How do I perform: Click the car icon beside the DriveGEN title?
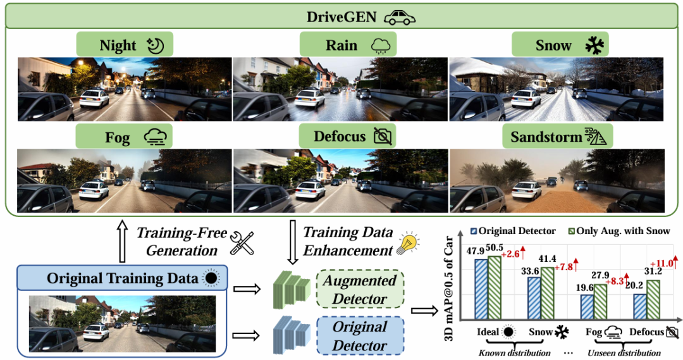(400, 17)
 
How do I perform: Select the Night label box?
(124, 46)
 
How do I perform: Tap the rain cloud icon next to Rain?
(382, 46)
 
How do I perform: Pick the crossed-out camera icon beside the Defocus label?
(383, 136)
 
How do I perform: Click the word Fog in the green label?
(117, 137)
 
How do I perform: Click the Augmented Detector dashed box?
(359, 290)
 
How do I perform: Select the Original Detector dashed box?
(359, 337)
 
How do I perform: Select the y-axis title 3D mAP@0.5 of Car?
(451, 279)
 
